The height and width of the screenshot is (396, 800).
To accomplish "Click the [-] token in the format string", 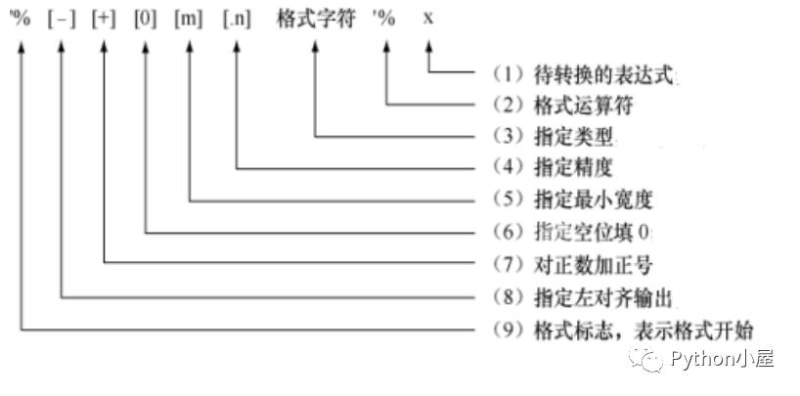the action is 62,20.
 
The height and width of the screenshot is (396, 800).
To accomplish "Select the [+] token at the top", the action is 104,20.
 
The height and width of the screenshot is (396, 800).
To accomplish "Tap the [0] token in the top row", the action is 146,20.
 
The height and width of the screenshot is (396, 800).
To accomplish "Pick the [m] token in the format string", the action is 188,20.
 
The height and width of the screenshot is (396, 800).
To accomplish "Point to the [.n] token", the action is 236,20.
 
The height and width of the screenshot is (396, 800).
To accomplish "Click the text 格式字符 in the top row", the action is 316,20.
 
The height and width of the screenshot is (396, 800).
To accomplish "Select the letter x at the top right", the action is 428,20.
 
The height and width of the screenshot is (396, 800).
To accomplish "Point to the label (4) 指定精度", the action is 557,167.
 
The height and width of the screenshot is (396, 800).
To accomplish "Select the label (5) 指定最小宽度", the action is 573,199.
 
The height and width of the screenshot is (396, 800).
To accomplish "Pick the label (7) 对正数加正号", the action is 573,264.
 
